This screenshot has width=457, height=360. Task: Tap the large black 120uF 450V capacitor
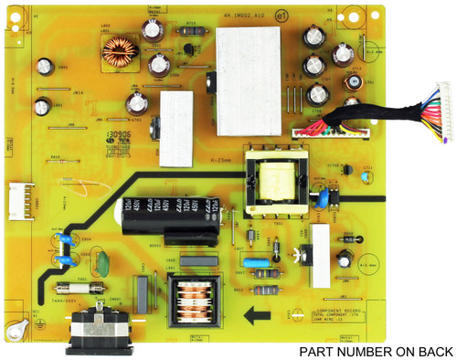coord(167,220)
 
